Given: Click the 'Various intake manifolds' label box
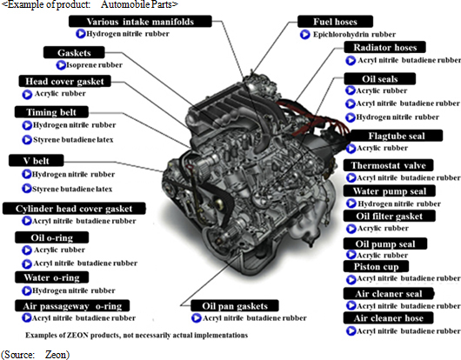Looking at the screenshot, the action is click(140, 22).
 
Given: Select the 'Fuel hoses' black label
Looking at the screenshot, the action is click(335, 22).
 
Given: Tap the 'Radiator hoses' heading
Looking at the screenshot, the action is click(384, 47).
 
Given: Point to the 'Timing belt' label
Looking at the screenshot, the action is click(51, 112).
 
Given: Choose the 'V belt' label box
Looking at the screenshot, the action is click(37, 161).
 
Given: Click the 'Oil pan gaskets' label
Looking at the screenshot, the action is click(235, 305).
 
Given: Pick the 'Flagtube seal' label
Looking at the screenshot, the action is click(396, 136).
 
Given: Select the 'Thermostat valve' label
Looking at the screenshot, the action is click(389, 165).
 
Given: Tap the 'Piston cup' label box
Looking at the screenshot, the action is click(376, 266).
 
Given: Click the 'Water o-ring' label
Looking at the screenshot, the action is click(51, 277).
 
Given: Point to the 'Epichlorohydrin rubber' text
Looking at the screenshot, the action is click(354, 35).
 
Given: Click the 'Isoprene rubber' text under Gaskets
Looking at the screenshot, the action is click(95, 65).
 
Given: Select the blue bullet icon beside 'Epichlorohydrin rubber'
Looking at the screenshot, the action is click(305, 35).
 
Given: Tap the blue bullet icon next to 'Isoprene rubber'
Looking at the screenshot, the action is click(61, 65).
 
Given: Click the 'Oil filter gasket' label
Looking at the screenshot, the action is click(390, 216).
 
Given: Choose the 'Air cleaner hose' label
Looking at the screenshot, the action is click(389, 317).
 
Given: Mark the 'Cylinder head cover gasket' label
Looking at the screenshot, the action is click(74, 209).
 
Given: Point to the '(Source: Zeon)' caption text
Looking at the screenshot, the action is click(35, 355).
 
